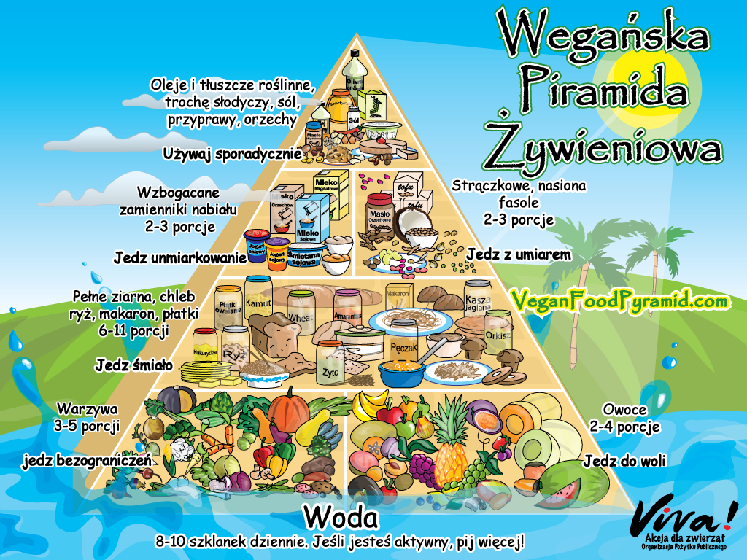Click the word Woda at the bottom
click(341, 518)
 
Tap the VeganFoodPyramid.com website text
click(619, 300)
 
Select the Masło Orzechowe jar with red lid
click(380, 211)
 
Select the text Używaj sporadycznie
click(232, 154)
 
